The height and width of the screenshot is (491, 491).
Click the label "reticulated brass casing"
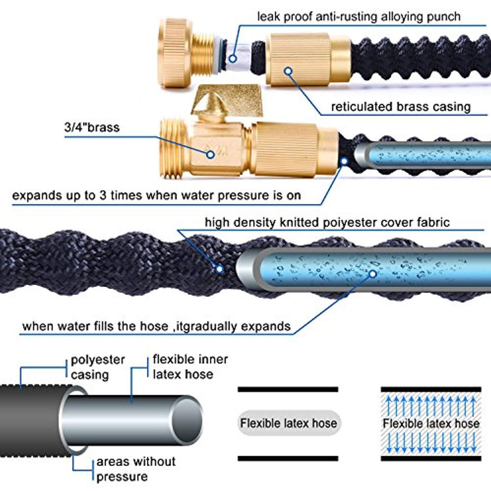(x=401, y=107)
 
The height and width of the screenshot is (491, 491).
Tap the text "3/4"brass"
(x=92, y=127)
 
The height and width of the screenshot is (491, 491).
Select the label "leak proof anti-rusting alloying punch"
(x=359, y=17)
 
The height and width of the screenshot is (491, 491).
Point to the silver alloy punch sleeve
(x=236, y=56)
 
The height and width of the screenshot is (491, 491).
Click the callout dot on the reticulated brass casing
(x=288, y=71)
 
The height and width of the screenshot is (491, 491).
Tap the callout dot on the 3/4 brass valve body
(x=210, y=155)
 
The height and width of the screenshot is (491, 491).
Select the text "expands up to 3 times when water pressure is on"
(x=156, y=195)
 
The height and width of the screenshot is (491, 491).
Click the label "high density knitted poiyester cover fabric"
(x=327, y=222)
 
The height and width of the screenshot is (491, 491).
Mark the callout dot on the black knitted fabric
(x=220, y=269)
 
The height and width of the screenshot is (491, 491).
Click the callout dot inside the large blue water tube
(x=373, y=274)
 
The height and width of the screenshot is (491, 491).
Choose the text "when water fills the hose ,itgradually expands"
(x=156, y=326)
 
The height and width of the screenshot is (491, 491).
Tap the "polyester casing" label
(x=98, y=367)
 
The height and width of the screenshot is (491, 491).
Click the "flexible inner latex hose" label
(x=190, y=367)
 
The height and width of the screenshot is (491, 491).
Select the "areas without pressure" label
(x=136, y=469)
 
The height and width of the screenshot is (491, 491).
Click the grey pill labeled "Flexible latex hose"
(x=288, y=423)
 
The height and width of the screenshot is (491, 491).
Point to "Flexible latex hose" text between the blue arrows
(x=431, y=423)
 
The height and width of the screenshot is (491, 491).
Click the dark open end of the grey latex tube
(x=187, y=420)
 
